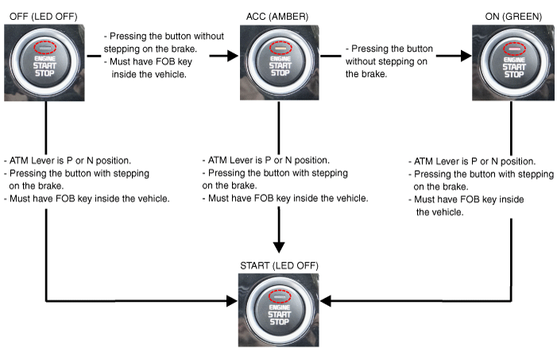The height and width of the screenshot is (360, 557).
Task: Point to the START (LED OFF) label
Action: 278,264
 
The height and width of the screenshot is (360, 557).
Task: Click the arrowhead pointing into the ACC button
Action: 232,56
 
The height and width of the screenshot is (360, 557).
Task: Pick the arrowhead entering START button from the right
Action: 327,301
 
